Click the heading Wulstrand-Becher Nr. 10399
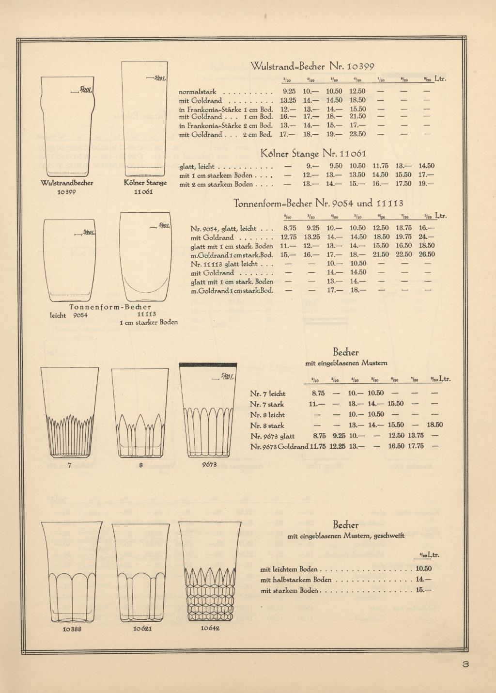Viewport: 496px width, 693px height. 313,66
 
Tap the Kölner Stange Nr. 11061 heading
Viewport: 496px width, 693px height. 314,154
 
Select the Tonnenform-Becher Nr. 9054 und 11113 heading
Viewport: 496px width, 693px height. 318,203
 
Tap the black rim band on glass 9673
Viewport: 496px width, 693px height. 208,364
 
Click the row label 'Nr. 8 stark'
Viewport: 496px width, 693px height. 267,425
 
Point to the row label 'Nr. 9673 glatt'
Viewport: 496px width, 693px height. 272,436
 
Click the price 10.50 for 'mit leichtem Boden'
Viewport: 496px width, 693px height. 423,569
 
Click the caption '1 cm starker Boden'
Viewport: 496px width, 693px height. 149,322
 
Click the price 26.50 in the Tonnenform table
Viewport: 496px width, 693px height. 427,254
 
